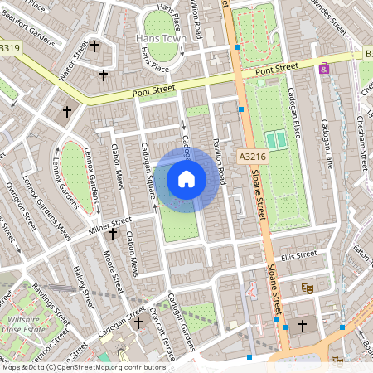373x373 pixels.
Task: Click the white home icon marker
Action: tap(186, 179)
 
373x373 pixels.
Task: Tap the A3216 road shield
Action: tap(251, 156)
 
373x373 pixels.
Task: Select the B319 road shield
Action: tap(9, 50)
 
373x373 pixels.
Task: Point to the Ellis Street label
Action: tap(298, 254)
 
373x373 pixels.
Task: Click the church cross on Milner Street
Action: tap(113, 235)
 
